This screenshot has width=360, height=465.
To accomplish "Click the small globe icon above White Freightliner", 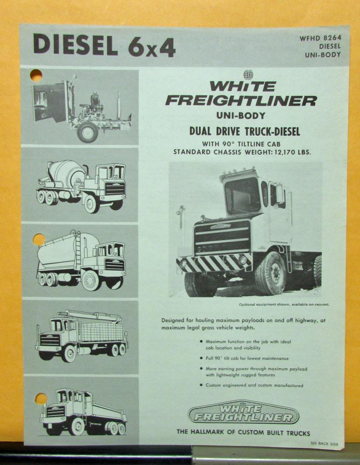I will click(x=248, y=75).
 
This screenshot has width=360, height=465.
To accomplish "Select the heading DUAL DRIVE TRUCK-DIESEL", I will click(x=244, y=132).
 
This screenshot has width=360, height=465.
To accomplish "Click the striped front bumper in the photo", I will click(x=214, y=264).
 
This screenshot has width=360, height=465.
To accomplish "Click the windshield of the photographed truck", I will click(x=242, y=195).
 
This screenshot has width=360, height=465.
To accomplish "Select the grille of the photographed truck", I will click(x=222, y=237).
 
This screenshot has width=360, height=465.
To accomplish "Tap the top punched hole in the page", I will click(x=36, y=75).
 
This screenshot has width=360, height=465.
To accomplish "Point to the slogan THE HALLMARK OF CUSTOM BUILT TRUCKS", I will click(x=243, y=433).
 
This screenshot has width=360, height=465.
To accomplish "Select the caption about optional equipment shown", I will click(x=284, y=305).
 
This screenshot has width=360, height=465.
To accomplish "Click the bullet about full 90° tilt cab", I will click(x=247, y=359).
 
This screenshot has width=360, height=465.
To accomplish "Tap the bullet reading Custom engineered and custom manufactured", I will click(x=254, y=385).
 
